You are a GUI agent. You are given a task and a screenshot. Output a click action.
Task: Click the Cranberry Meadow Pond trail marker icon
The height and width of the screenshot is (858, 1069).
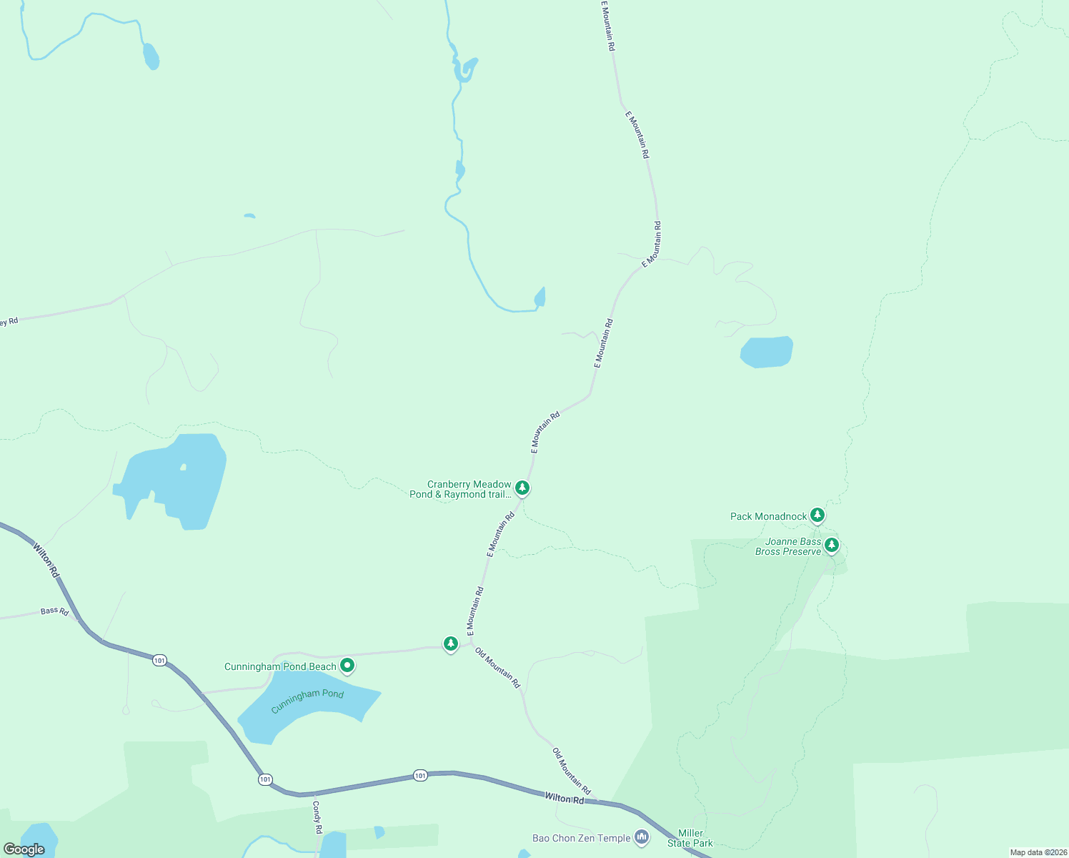point(522,488)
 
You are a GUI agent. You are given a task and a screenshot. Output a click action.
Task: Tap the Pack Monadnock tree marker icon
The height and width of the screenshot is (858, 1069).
point(817,515)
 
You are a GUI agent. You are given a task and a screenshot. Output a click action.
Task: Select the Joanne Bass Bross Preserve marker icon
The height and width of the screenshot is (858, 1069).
point(831,546)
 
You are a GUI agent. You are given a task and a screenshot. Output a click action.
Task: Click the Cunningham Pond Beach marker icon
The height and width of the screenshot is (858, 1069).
point(347,666)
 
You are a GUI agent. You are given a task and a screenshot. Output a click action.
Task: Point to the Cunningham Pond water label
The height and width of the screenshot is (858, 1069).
point(307,701)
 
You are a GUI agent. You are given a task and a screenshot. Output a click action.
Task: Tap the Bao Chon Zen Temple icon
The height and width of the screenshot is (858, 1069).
point(641,837)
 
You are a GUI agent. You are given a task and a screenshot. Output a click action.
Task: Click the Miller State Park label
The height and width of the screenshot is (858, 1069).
point(690,838)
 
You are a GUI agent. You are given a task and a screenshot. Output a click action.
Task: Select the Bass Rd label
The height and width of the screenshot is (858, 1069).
point(54,611)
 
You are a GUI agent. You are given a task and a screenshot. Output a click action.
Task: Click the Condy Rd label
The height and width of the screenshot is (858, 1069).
point(317,817)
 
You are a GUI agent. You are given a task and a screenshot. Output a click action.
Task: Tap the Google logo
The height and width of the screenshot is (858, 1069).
point(24,849)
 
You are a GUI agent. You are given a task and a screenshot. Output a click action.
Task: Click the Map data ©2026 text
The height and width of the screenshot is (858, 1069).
point(1038,852)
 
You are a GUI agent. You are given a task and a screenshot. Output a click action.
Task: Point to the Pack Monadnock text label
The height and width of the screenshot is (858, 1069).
point(768,516)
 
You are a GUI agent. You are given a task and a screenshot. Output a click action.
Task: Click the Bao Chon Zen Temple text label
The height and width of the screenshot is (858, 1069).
point(581,838)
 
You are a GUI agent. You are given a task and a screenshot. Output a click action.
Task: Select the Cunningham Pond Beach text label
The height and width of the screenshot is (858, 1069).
point(280,666)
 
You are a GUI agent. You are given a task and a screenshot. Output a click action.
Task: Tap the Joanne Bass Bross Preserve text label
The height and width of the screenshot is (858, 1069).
point(788,547)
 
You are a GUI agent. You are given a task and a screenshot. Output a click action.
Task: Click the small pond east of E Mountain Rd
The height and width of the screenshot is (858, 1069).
point(766,352)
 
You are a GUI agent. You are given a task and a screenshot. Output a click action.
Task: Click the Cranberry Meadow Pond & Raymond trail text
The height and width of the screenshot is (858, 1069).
point(461,489)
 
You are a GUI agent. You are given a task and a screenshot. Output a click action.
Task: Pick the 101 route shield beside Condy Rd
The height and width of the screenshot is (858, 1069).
point(265,779)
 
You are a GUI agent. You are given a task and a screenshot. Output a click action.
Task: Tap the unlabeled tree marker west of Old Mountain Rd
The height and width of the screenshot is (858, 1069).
point(450,643)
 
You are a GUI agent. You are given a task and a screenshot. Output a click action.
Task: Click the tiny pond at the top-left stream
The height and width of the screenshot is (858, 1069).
point(151,56)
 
